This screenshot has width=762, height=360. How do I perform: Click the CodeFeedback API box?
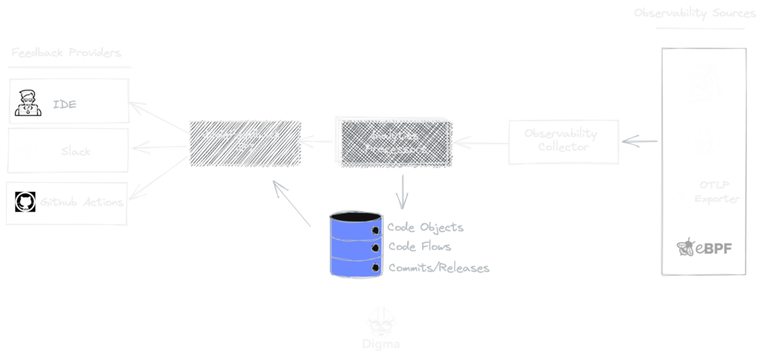point(244,142)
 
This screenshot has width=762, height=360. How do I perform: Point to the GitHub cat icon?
point(25,202)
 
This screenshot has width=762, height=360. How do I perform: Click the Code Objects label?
point(426,227)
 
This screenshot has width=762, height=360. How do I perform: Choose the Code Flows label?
point(420,247)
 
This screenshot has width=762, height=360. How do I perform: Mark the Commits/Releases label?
point(438,267)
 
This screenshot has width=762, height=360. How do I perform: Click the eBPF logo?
point(703,246)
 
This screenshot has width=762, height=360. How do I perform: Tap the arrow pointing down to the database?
point(402,192)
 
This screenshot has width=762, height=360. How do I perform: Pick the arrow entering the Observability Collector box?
point(640,141)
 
